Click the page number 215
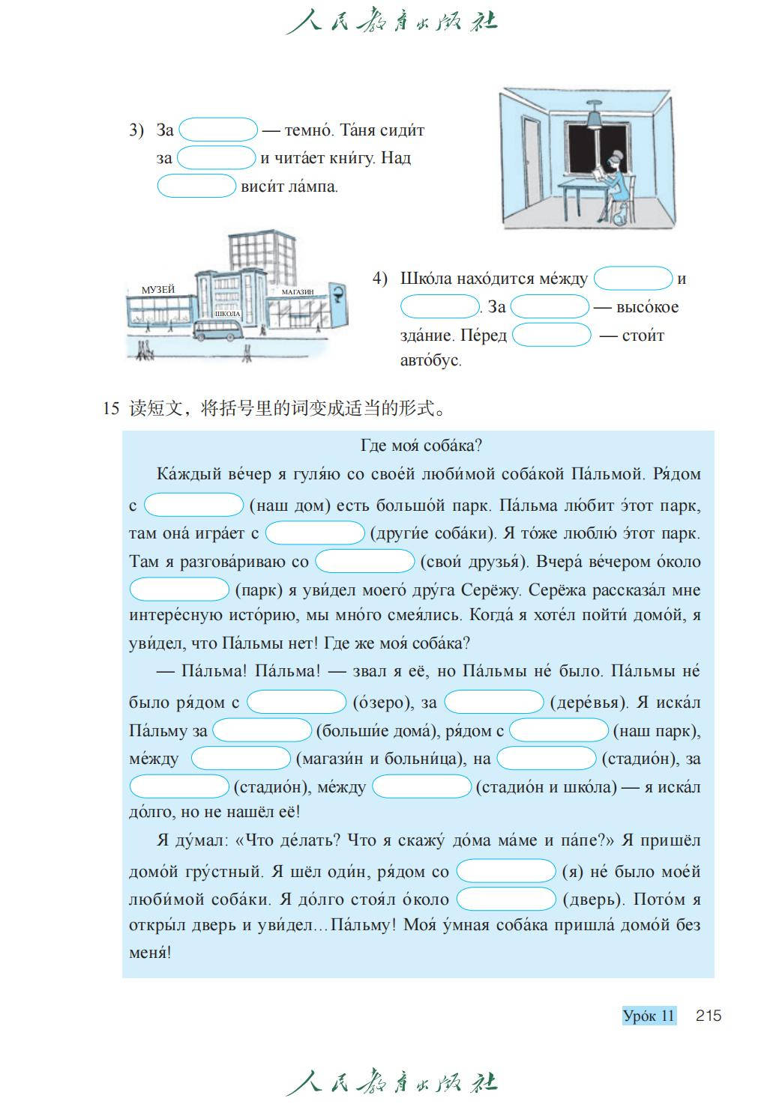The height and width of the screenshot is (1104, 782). (708, 1016)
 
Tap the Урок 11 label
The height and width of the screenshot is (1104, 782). (649, 1016)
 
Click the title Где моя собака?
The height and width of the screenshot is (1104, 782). (421, 446)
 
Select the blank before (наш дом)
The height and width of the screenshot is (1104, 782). (193, 505)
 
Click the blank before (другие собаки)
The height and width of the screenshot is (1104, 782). (315, 533)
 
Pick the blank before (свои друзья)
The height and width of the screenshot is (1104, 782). (364, 561)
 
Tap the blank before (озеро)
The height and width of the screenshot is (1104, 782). (296, 703)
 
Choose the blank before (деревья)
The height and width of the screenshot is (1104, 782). (493, 703)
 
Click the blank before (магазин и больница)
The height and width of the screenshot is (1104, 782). (241, 759)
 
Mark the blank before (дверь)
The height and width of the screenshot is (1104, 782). (506, 899)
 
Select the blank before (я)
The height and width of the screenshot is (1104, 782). (506, 871)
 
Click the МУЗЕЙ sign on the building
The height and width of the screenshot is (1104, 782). (157, 289)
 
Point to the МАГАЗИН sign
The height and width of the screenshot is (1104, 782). (298, 291)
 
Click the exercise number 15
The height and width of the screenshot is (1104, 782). (111, 409)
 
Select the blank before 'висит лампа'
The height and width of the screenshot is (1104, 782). (196, 186)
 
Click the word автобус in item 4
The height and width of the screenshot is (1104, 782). (430, 360)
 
